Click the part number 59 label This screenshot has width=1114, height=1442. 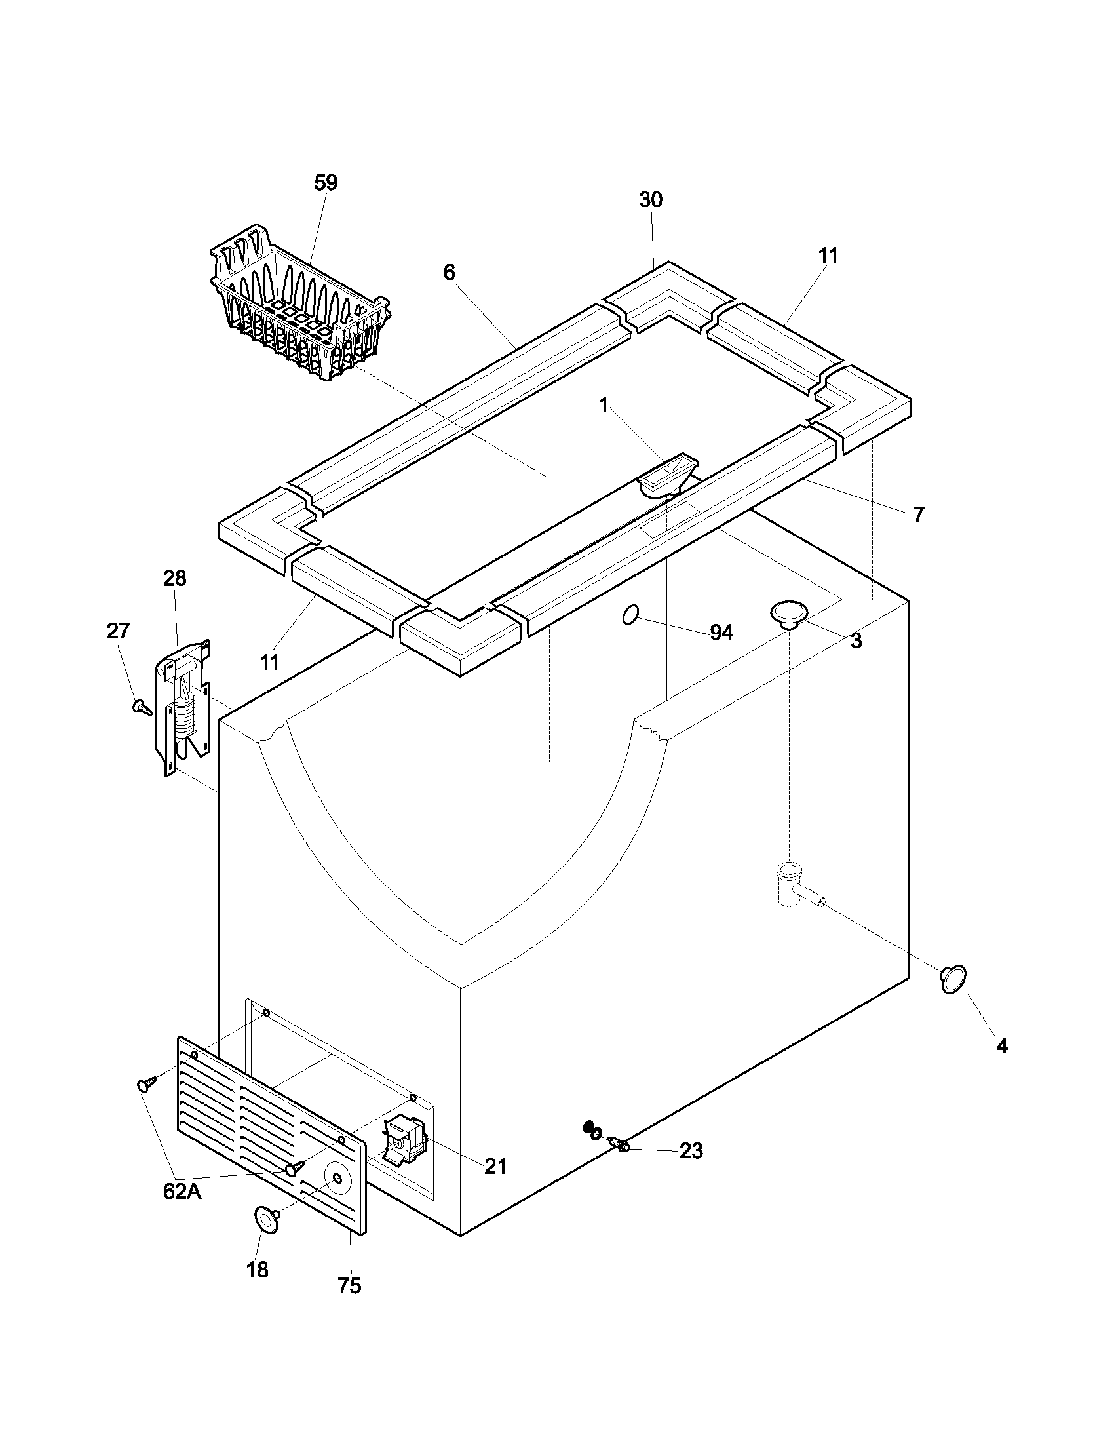point(326,183)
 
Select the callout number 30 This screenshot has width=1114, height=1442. point(651,200)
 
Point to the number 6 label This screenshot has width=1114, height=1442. point(450,272)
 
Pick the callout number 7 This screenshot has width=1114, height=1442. point(919,515)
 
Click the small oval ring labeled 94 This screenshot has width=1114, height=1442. point(630,615)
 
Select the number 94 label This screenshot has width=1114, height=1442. point(721,633)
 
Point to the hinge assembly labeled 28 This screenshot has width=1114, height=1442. point(185,707)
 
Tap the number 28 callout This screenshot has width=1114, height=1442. point(175,578)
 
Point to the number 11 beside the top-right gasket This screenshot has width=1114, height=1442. point(828,256)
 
